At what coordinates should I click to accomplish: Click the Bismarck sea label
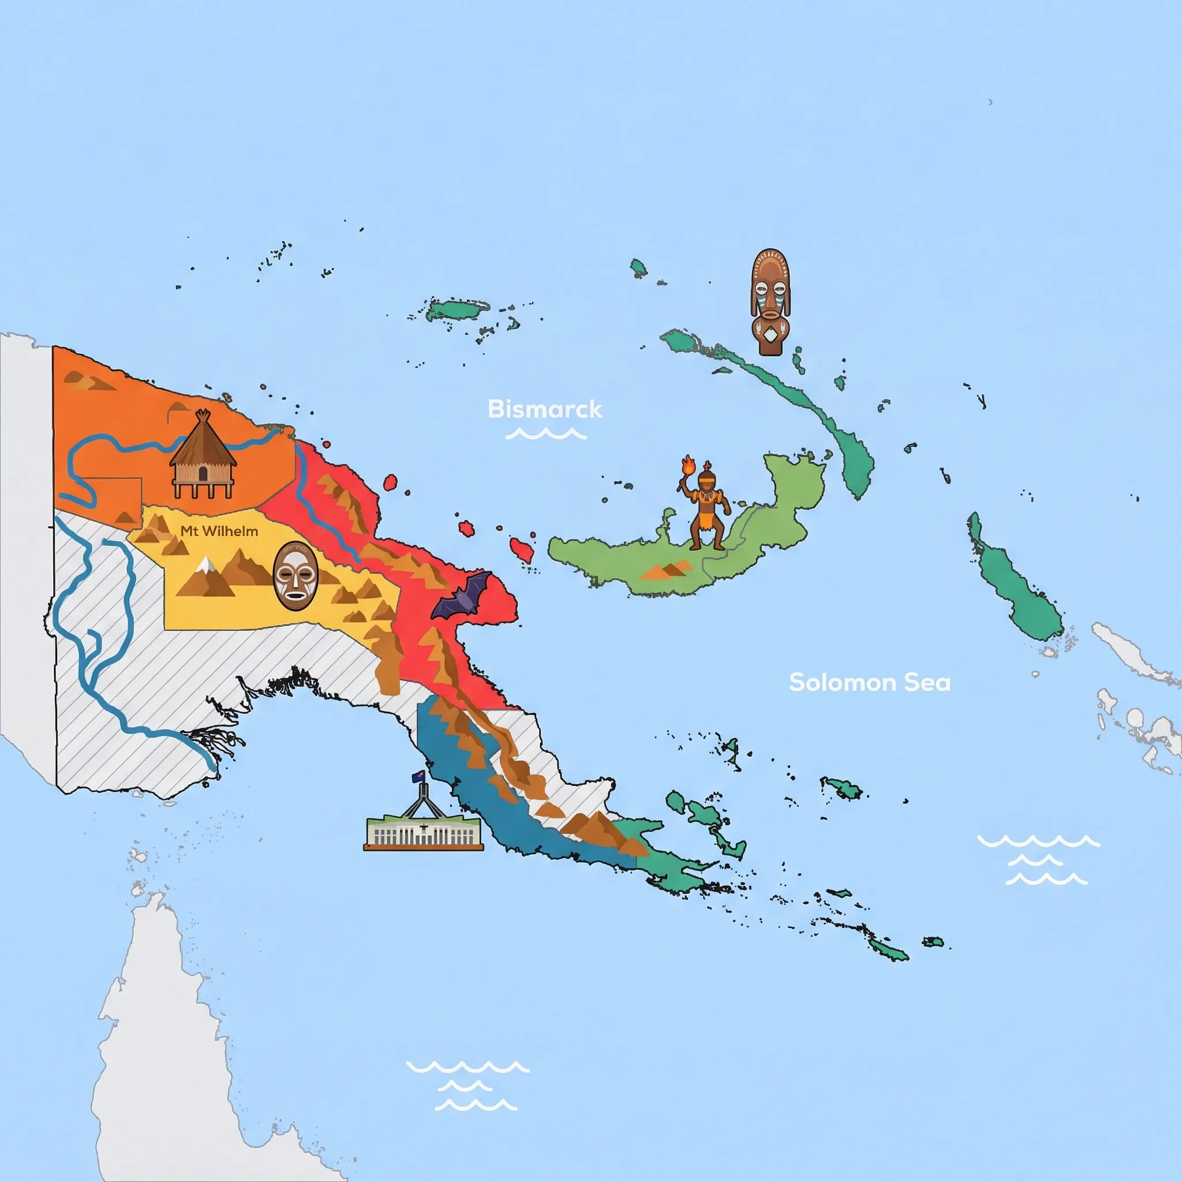[544, 409]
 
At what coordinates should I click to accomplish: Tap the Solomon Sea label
[869, 682]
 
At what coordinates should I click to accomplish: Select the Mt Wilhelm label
[219, 531]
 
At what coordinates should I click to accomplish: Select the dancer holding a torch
[704, 507]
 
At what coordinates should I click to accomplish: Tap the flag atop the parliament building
[418, 777]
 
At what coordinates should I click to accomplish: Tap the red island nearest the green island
[522, 549]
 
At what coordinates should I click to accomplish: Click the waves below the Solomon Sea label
[1038, 859]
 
